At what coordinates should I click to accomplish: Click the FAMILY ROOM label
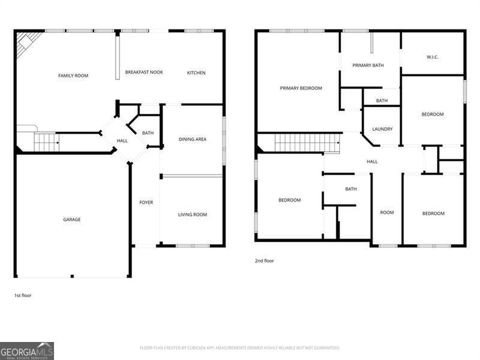[x=73, y=76]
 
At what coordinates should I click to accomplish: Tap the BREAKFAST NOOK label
[x=144, y=73]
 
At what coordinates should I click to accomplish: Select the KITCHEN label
[x=196, y=73]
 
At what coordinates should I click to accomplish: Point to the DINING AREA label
[x=193, y=139]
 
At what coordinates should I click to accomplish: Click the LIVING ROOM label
[x=193, y=215]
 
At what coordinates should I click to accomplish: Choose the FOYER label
[x=146, y=202]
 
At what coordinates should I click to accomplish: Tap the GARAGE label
[x=72, y=220]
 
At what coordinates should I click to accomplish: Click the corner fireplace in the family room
[x=26, y=43]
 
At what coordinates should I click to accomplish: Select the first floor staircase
[x=46, y=142]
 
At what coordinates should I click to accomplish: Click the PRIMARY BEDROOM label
[x=301, y=88]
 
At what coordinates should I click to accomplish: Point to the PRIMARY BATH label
[x=368, y=65]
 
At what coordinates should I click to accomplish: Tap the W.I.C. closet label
[x=433, y=58]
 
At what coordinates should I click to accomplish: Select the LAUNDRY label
[x=382, y=129]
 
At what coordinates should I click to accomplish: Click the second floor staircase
[x=307, y=143]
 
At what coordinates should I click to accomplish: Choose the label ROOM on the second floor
[x=387, y=213]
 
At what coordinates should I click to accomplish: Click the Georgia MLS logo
[x=27, y=350]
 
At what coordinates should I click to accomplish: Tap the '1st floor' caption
[x=23, y=295]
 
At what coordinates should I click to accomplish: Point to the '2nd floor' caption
[x=265, y=261]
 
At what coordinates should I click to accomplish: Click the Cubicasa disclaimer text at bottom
[x=240, y=348]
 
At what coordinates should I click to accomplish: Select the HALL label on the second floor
[x=372, y=161]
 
